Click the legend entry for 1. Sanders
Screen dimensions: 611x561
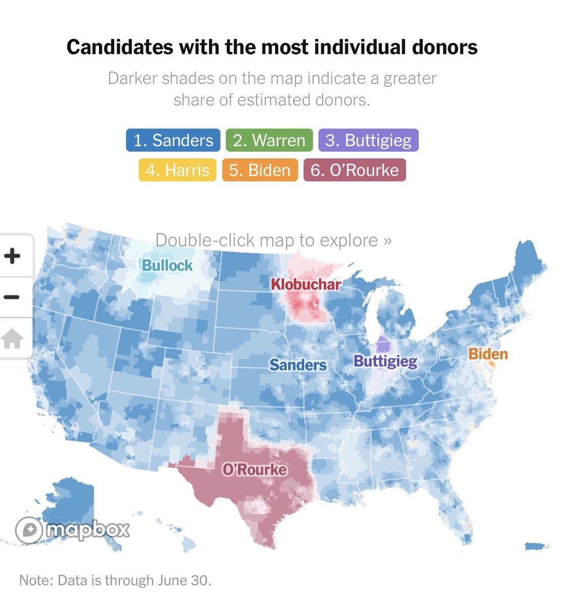173,141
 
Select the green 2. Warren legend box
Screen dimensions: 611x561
269,141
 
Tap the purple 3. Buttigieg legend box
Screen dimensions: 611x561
368,141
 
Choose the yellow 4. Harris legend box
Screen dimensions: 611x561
177,170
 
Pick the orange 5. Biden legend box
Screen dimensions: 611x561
260,170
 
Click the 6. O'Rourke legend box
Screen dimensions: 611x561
355,170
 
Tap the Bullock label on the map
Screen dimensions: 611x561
167,265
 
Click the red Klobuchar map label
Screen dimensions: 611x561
306,284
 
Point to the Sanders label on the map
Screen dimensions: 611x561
298,365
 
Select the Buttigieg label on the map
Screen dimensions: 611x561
385,362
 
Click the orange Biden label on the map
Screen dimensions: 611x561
488,354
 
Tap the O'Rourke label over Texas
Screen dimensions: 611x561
254,469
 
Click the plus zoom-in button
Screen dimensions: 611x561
13,256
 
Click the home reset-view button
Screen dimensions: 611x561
13,339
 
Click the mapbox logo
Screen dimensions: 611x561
72,530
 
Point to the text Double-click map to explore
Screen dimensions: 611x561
273,240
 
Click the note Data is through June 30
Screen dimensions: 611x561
115,580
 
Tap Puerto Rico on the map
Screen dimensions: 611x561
536,546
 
